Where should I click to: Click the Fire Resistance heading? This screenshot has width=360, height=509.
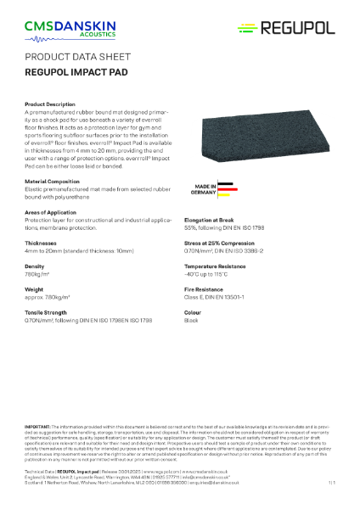click(207, 289)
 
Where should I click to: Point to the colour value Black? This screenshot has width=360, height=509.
click(193, 321)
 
